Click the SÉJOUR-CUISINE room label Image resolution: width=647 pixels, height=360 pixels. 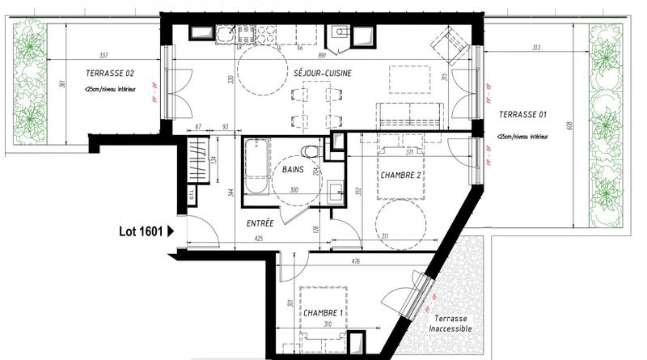(x=323, y=73)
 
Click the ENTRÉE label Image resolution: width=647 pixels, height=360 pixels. (x=260, y=222)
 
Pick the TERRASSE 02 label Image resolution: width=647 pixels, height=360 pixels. (x=109, y=74)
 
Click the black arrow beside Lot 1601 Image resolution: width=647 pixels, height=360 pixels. (x=170, y=231)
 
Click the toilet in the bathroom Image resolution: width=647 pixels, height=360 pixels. (x=307, y=150)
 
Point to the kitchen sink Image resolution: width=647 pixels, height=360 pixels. (x=224, y=34)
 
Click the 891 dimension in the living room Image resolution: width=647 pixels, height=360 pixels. (x=321, y=57)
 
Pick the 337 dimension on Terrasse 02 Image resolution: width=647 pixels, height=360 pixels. (x=103, y=57)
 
